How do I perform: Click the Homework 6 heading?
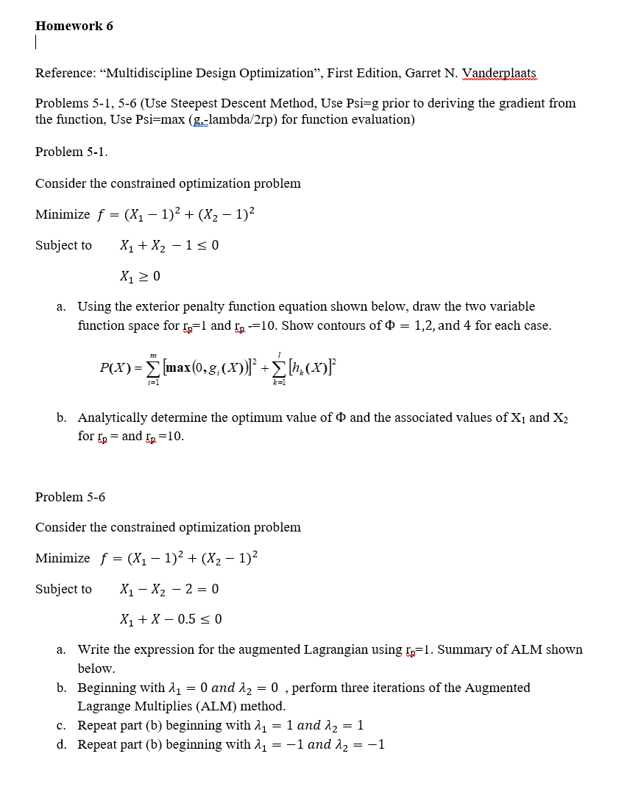tap(74, 26)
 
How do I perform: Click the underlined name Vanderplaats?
tap(500, 73)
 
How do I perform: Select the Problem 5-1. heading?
tap(71, 152)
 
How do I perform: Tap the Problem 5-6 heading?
tap(70, 497)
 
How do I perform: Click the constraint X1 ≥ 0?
tap(140, 277)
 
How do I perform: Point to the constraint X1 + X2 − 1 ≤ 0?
tap(169, 245)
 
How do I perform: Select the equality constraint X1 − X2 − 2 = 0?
tap(169, 589)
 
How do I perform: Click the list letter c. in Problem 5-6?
tap(63, 725)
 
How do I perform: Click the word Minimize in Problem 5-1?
tap(63, 215)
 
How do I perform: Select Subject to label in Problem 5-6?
tap(63, 589)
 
